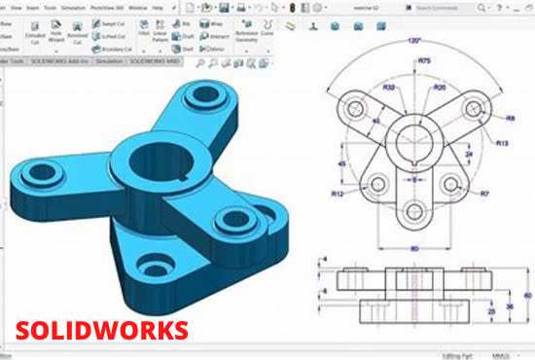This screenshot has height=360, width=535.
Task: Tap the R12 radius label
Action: coord(338,194)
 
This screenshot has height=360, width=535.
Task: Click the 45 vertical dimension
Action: coord(341,163)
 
